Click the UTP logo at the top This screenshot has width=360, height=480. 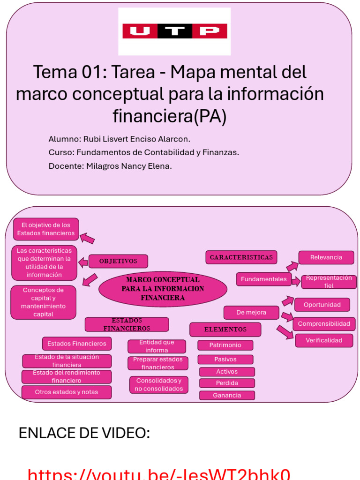174,31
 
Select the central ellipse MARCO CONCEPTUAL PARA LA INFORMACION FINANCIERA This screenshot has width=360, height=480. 163,289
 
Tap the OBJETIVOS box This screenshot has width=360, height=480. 118,261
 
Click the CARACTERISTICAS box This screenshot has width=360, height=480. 241,257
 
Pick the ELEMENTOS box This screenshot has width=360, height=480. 225,330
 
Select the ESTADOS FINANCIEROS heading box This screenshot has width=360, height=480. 127,324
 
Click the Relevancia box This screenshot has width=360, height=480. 326,257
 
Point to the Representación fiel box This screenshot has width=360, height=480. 329,282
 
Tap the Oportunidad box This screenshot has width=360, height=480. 322,305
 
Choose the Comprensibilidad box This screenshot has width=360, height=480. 324,324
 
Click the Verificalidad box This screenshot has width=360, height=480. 324,340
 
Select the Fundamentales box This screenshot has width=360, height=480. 263,279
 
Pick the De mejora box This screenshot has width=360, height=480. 251,313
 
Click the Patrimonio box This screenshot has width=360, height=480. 225,345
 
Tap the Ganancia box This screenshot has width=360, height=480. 227,395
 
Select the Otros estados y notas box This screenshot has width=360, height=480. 67,392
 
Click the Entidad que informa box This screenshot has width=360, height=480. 157,346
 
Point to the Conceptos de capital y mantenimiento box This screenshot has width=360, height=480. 43,302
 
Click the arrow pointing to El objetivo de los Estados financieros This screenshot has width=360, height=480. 87,238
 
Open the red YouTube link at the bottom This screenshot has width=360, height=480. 159,473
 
